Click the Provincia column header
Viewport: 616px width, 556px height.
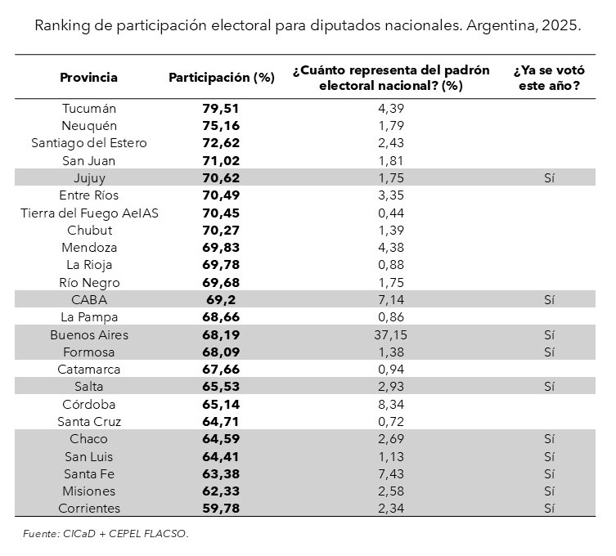click(88, 78)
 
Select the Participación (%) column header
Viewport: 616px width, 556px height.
click(221, 78)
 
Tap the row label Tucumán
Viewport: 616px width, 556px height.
click(89, 108)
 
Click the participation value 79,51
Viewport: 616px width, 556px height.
click(221, 108)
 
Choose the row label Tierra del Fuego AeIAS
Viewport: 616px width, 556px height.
click(89, 213)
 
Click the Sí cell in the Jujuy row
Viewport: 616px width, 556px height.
click(548, 177)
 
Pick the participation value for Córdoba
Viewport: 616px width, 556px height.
click(221, 404)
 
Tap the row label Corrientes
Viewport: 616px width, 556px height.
click(89, 509)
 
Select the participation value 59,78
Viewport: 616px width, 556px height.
click(221, 509)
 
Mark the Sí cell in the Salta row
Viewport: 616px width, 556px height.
click(548, 387)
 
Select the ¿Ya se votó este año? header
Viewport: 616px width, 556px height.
click(547, 78)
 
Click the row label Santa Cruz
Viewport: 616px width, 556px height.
click(89, 422)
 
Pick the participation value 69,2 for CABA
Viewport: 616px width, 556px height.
click(221, 300)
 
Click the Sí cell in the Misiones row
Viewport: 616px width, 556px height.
click(548, 491)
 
